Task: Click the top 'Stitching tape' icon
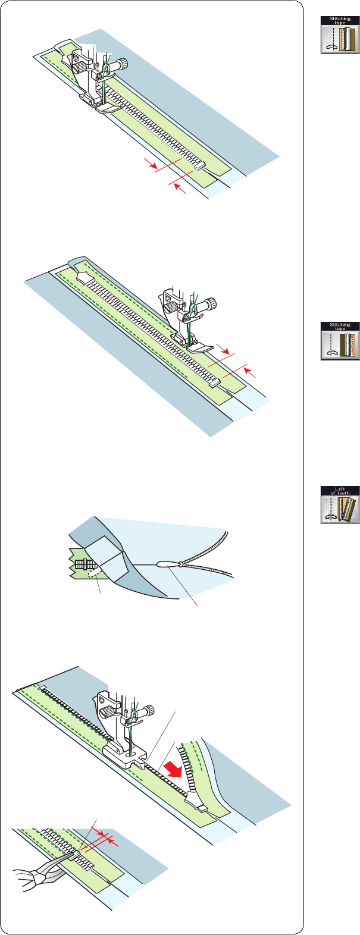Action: click(x=335, y=36)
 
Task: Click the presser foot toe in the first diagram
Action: click(x=114, y=107)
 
